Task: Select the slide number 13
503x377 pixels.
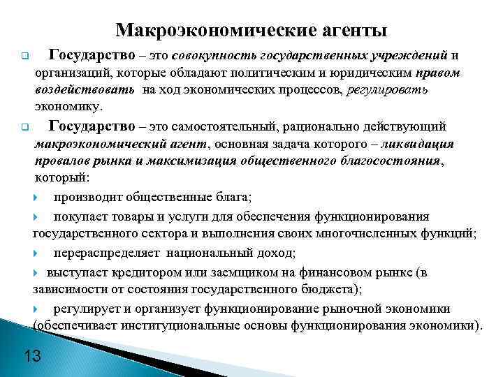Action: click(x=32, y=356)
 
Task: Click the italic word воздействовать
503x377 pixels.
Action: click(x=86, y=90)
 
